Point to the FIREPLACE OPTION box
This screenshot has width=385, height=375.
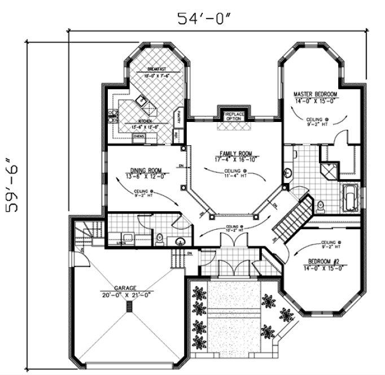233,116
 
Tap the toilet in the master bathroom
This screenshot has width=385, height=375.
321,207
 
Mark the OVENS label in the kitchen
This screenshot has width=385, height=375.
139,136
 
